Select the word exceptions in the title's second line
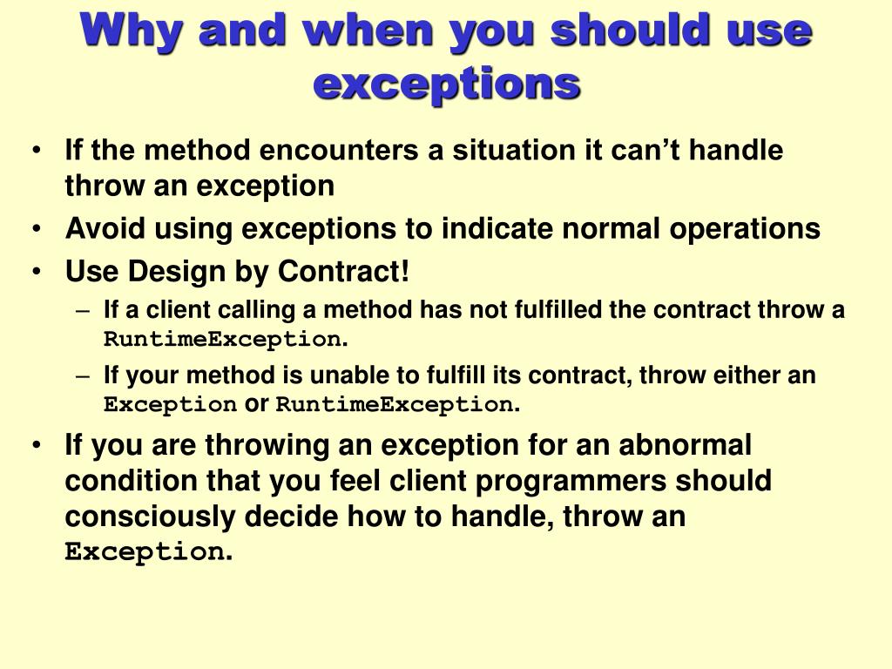click(446, 84)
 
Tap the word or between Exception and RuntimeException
click(256, 404)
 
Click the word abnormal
click(685, 445)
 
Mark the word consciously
click(151, 517)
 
